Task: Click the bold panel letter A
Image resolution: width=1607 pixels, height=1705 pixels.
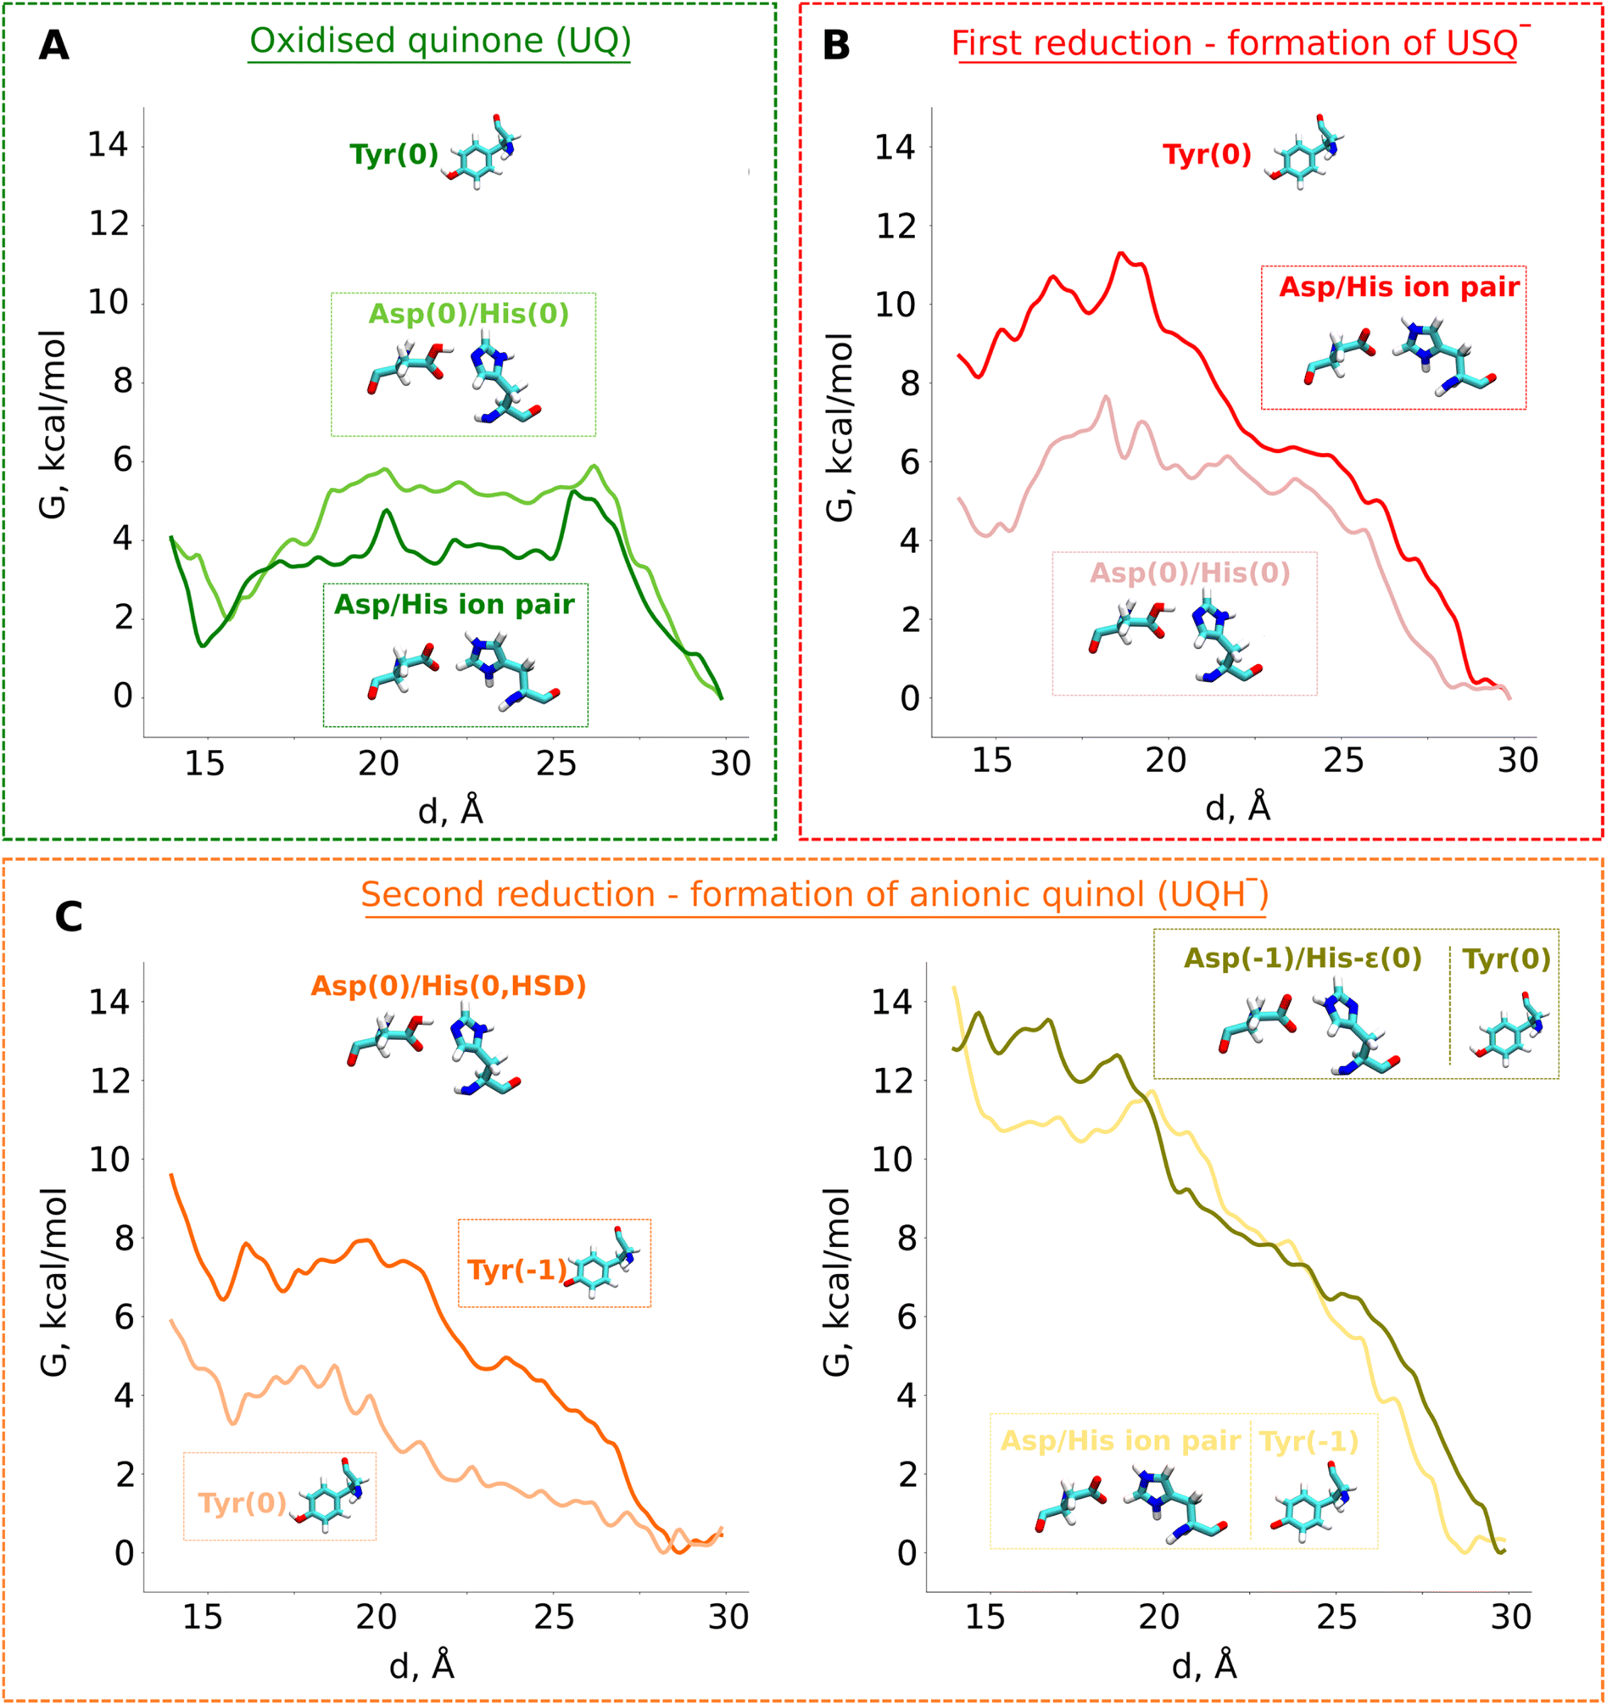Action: [53, 45]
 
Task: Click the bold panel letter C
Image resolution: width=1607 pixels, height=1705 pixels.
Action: [69, 917]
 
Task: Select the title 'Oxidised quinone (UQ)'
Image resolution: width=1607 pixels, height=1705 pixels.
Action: [440, 41]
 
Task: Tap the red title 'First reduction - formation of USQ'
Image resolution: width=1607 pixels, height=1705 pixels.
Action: [1235, 43]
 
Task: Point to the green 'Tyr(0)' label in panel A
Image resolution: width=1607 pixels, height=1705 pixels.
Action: [393, 154]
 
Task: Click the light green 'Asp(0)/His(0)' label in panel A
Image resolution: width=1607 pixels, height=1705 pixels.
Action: [468, 314]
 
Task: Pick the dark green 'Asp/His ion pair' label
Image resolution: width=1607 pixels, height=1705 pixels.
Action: [454, 605]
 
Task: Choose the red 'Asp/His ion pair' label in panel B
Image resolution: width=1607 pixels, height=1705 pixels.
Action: [1398, 287]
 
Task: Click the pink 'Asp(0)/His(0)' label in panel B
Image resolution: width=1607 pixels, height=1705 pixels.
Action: [1190, 573]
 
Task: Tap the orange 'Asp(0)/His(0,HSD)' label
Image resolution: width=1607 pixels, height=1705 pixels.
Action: [448, 986]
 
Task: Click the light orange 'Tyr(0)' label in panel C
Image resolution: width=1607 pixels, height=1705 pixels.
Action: [242, 1503]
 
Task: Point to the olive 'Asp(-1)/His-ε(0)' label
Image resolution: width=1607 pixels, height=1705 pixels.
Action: [1303, 958]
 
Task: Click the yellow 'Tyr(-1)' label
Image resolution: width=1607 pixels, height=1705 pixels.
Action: [1308, 1442]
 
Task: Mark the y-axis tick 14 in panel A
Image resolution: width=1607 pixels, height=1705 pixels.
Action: [107, 144]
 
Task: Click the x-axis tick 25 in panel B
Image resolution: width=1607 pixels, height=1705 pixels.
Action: [1342, 761]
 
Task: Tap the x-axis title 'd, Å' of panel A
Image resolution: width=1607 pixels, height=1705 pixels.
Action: [450, 809]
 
